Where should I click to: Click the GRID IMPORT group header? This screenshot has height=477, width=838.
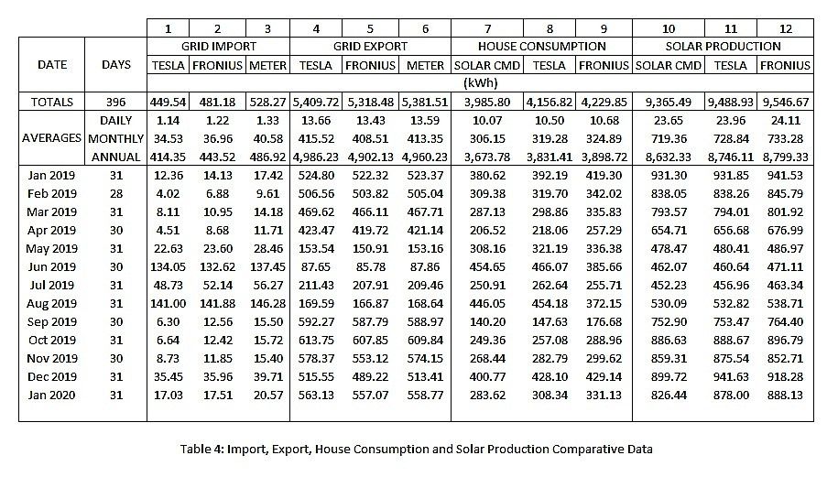coord(218,46)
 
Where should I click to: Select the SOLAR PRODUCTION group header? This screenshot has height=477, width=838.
coord(723,46)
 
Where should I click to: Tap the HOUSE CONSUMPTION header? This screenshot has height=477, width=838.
coord(541,46)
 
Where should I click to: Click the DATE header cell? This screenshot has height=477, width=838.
coord(51,65)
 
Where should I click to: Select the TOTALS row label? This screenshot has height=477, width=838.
coord(51,102)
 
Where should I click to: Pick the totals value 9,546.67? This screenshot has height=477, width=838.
coord(781,102)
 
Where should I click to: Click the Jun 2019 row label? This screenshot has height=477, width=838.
coord(51,266)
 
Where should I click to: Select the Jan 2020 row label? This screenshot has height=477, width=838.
coord(51,395)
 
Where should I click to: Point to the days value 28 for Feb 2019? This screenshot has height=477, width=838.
coord(115,193)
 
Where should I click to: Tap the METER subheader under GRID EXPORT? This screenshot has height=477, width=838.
coord(425,65)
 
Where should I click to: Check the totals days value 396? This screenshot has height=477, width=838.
coord(115,102)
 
